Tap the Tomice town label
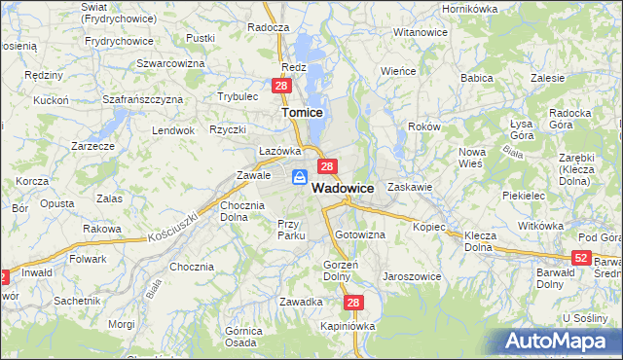click(x=302, y=113)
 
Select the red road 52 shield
click(x=581, y=257)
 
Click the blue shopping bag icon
click(x=300, y=178)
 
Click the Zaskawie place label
click(x=409, y=186)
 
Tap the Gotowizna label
click(x=360, y=235)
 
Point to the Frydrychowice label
click(x=120, y=41)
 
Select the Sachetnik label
click(x=77, y=301)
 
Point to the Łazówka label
click(x=277, y=151)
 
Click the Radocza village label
click(x=268, y=28)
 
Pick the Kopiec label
click(x=428, y=227)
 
